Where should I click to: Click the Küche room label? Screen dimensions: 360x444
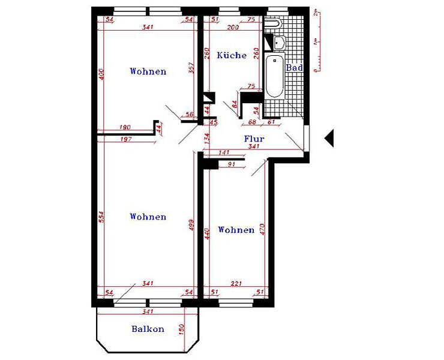tap(232, 55)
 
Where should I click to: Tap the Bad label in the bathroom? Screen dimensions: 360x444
tap(294, 68)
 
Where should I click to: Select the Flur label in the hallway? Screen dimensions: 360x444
tap(254, 139)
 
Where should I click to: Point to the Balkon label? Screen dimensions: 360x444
tap(148, 329)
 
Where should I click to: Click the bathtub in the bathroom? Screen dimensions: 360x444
tap(274, 77)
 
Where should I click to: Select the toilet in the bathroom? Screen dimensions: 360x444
tap(273, 23)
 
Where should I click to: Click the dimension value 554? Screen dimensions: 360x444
tap(101, 217)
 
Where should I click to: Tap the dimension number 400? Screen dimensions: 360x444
tap(101, 76)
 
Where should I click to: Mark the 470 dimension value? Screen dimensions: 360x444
tap(263, 230)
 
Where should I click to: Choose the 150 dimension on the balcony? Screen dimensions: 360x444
tap(181, 329)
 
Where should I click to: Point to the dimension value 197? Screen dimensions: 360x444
tap(126, 139)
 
